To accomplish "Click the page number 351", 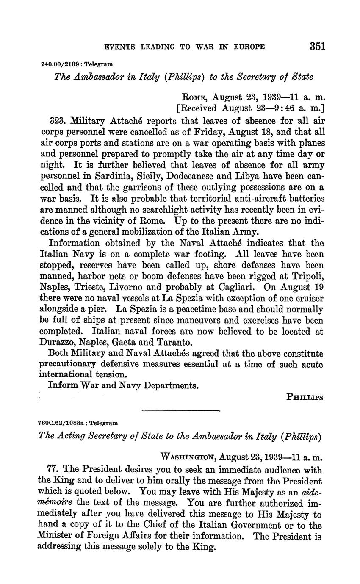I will tap(318, 46).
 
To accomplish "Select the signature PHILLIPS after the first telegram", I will tap(305, 397).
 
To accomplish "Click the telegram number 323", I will tap(57, 121).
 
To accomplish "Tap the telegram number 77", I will tap(55, 470).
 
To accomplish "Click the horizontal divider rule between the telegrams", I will tap(181, 410).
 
